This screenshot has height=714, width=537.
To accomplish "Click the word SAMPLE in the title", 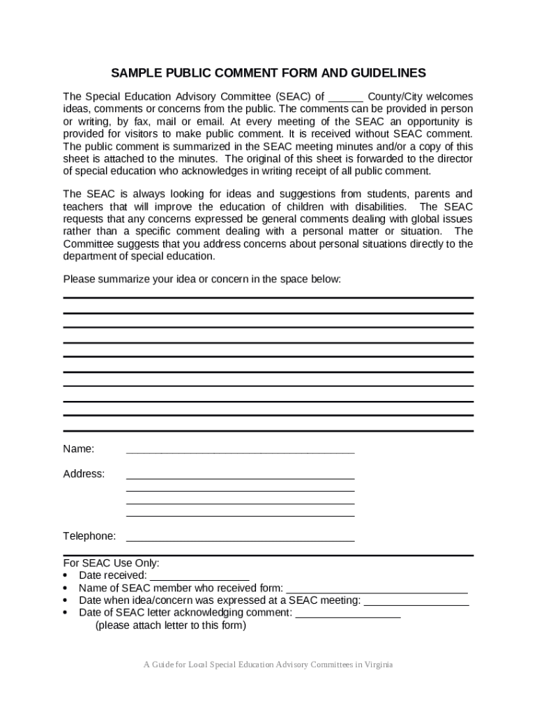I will point(135,73).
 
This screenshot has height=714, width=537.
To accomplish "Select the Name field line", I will point(240,453).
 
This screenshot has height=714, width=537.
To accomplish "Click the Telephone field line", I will point(240,540).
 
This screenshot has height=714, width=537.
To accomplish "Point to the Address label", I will point(84,474).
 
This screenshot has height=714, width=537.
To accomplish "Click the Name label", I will point(79,448).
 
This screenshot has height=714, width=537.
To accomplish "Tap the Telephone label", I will point(89,536).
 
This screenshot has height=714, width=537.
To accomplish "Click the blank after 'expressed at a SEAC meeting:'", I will point(416,605).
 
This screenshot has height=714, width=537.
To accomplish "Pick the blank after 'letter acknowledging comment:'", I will point(348,617).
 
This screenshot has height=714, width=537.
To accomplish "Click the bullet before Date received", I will point(66,576).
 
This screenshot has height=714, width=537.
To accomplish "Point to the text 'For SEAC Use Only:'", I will point(112,563).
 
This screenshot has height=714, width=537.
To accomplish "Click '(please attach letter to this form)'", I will point(171,625).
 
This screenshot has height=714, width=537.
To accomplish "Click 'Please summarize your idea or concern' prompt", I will point(202,280).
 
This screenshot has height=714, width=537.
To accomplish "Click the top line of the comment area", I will point(268,298).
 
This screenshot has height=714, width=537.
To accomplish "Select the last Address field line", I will point(240,516).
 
